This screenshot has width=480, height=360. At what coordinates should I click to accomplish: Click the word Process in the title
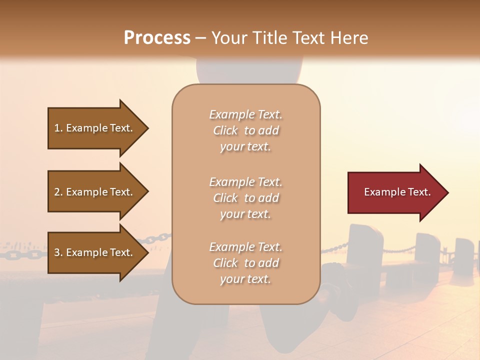coord(157,38)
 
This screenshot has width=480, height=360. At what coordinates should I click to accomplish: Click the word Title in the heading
coord(269,38)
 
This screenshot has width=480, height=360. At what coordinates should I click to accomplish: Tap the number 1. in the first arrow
coord(58,128)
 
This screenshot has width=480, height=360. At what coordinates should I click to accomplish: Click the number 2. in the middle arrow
coord(58,192)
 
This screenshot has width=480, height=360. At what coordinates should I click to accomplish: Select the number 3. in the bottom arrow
coord(58,253)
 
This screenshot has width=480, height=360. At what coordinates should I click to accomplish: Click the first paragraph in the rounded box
coord(245,130)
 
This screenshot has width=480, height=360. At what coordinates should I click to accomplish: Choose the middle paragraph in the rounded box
coord(245,198)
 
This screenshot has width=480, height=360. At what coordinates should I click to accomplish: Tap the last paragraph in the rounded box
coord(245,263)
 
